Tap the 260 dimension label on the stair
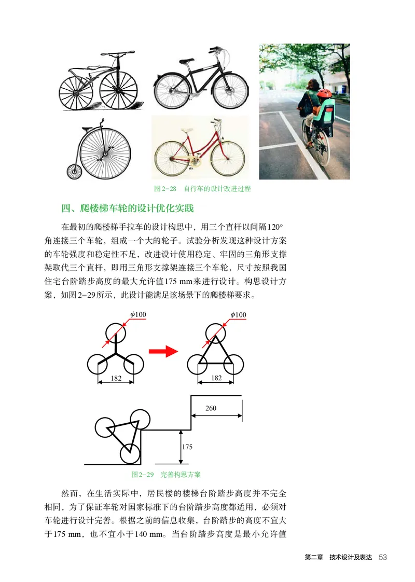click(211, 408)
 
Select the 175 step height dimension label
click(187, 447)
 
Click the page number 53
click(383, 557)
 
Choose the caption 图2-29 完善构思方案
click(166, 474)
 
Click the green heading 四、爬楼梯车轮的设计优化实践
click(127, 210)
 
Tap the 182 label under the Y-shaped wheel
click(116, 379)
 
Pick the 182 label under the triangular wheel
click(216, 378)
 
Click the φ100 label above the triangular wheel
click(239, 315)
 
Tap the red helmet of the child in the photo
click(325, 93)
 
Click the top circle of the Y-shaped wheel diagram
click(116, 332)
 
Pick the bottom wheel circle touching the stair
click(130, 454)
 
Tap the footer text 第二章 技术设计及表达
click(339, 558)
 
